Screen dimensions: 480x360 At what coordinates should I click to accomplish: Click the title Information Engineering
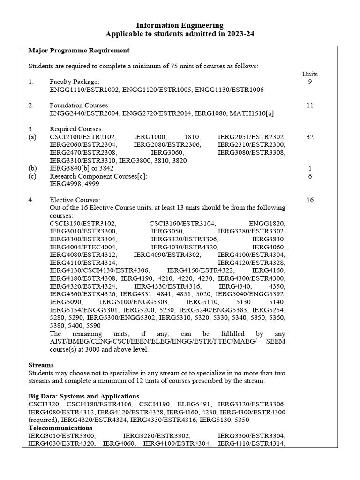point(180,25)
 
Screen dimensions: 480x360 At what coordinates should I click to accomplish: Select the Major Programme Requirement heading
point(79,50)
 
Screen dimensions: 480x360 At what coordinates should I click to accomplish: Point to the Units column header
point(310,74)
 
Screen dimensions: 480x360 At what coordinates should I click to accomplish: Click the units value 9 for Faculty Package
point(310,82)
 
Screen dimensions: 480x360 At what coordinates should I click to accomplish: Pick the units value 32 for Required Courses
point(310,137)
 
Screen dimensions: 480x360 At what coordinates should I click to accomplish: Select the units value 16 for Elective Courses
point(310,200)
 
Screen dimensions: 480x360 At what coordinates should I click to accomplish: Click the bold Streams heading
point(41,365)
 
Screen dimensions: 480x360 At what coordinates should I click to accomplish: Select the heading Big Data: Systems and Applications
point(84,396)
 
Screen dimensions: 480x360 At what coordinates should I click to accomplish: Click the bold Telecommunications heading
point(60,428)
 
